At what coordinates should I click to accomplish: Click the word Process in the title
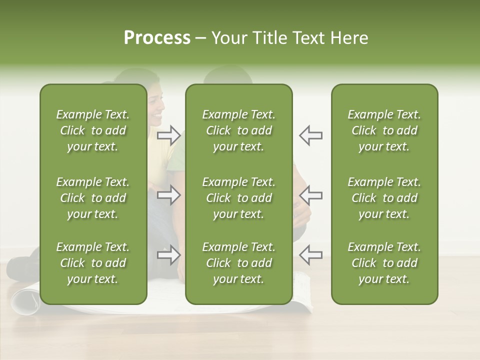click(157, 38)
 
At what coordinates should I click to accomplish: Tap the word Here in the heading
click(348, 38)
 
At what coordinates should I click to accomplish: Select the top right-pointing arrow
click(169, 135)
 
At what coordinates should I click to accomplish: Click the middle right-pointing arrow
click(169, 195)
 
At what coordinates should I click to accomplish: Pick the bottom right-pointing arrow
click(169, 255)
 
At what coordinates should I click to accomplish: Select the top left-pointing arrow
click(310, 135)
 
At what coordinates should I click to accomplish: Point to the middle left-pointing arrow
click(310, 195)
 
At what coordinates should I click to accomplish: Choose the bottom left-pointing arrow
click(310, 255)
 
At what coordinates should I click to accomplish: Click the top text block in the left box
click(93, 130)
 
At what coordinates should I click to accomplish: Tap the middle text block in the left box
click(93, 198)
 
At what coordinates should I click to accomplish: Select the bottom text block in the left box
click(93, 263)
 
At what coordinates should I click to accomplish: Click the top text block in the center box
click(238, 130)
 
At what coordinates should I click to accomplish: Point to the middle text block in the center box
click(238, 198)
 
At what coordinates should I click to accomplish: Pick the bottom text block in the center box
click(238, 263)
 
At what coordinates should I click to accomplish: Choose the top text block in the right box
click(384, 130)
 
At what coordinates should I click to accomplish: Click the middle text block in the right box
click(384, 198)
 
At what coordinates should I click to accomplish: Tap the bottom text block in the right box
click(384, 263)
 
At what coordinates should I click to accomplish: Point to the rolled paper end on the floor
click(24, 300)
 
